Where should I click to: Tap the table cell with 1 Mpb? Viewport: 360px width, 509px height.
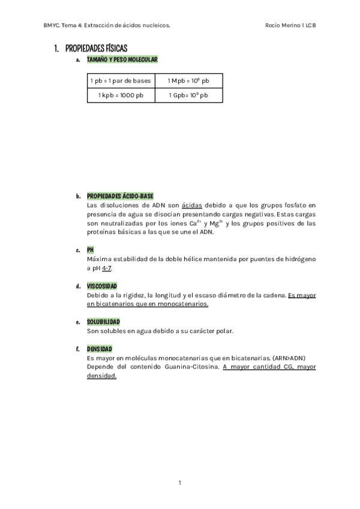point(188,80)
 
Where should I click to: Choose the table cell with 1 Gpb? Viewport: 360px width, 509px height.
point(188,95)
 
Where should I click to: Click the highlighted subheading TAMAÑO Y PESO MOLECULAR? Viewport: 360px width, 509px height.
point(122,60)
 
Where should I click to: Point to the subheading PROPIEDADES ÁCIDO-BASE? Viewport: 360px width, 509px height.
point(120,196)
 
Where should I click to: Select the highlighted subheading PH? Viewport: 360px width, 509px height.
point(91,249)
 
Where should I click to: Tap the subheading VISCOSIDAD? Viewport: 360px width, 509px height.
point(102,286)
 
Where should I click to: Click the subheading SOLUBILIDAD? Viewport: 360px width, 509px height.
point(103,322)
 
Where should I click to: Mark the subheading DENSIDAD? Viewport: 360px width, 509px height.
point(100,349)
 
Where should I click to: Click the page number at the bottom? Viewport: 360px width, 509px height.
point(179,482)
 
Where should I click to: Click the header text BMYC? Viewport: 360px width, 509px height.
point(52,25)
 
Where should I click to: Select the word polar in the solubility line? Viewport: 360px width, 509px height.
point(223,331)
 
